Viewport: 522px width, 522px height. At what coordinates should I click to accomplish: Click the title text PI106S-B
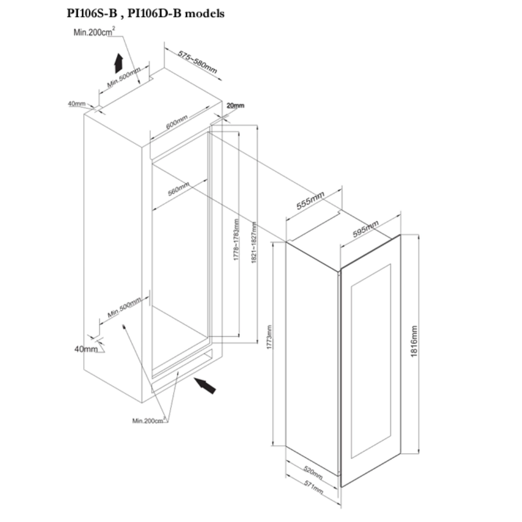click(92, 14)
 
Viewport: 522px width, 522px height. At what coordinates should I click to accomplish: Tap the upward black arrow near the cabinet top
click(118, 63)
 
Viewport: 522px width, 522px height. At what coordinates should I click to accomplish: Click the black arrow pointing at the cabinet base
click(205, 386)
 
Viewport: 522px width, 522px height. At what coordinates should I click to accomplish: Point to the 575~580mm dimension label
click(197, 62)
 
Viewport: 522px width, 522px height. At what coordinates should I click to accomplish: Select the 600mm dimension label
click(177, 122)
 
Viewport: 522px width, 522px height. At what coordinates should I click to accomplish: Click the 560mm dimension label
click(179, 188)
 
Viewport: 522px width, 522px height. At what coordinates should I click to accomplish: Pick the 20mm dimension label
click(235, 105)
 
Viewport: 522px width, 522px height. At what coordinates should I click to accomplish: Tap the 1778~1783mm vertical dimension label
click(236, 240)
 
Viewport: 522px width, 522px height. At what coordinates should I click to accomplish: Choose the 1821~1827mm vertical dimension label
click(254, 242)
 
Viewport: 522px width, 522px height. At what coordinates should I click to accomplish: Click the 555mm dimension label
click(310, 200)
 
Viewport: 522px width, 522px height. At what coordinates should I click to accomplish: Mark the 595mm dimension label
click(365, 229)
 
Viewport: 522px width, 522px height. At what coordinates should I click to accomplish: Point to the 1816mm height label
click(414, 341)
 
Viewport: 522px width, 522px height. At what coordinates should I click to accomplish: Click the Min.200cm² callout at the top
click(94, 32)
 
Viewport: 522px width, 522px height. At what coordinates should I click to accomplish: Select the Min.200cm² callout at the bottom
click(149, 420)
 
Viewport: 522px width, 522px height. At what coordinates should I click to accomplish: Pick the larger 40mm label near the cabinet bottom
click(86, 349)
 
